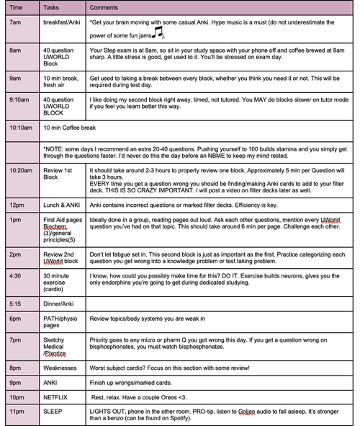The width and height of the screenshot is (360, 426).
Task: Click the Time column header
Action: (x=17, y=6)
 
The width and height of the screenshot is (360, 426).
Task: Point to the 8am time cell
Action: (x=15, y=50)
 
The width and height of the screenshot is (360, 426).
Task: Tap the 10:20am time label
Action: (x=21, y=170)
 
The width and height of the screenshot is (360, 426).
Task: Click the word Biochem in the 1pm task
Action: (x=55, y=231)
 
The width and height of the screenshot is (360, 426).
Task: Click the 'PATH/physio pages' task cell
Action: (x=60, y=321)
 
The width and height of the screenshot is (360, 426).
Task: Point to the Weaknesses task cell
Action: (x=60, y=367)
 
